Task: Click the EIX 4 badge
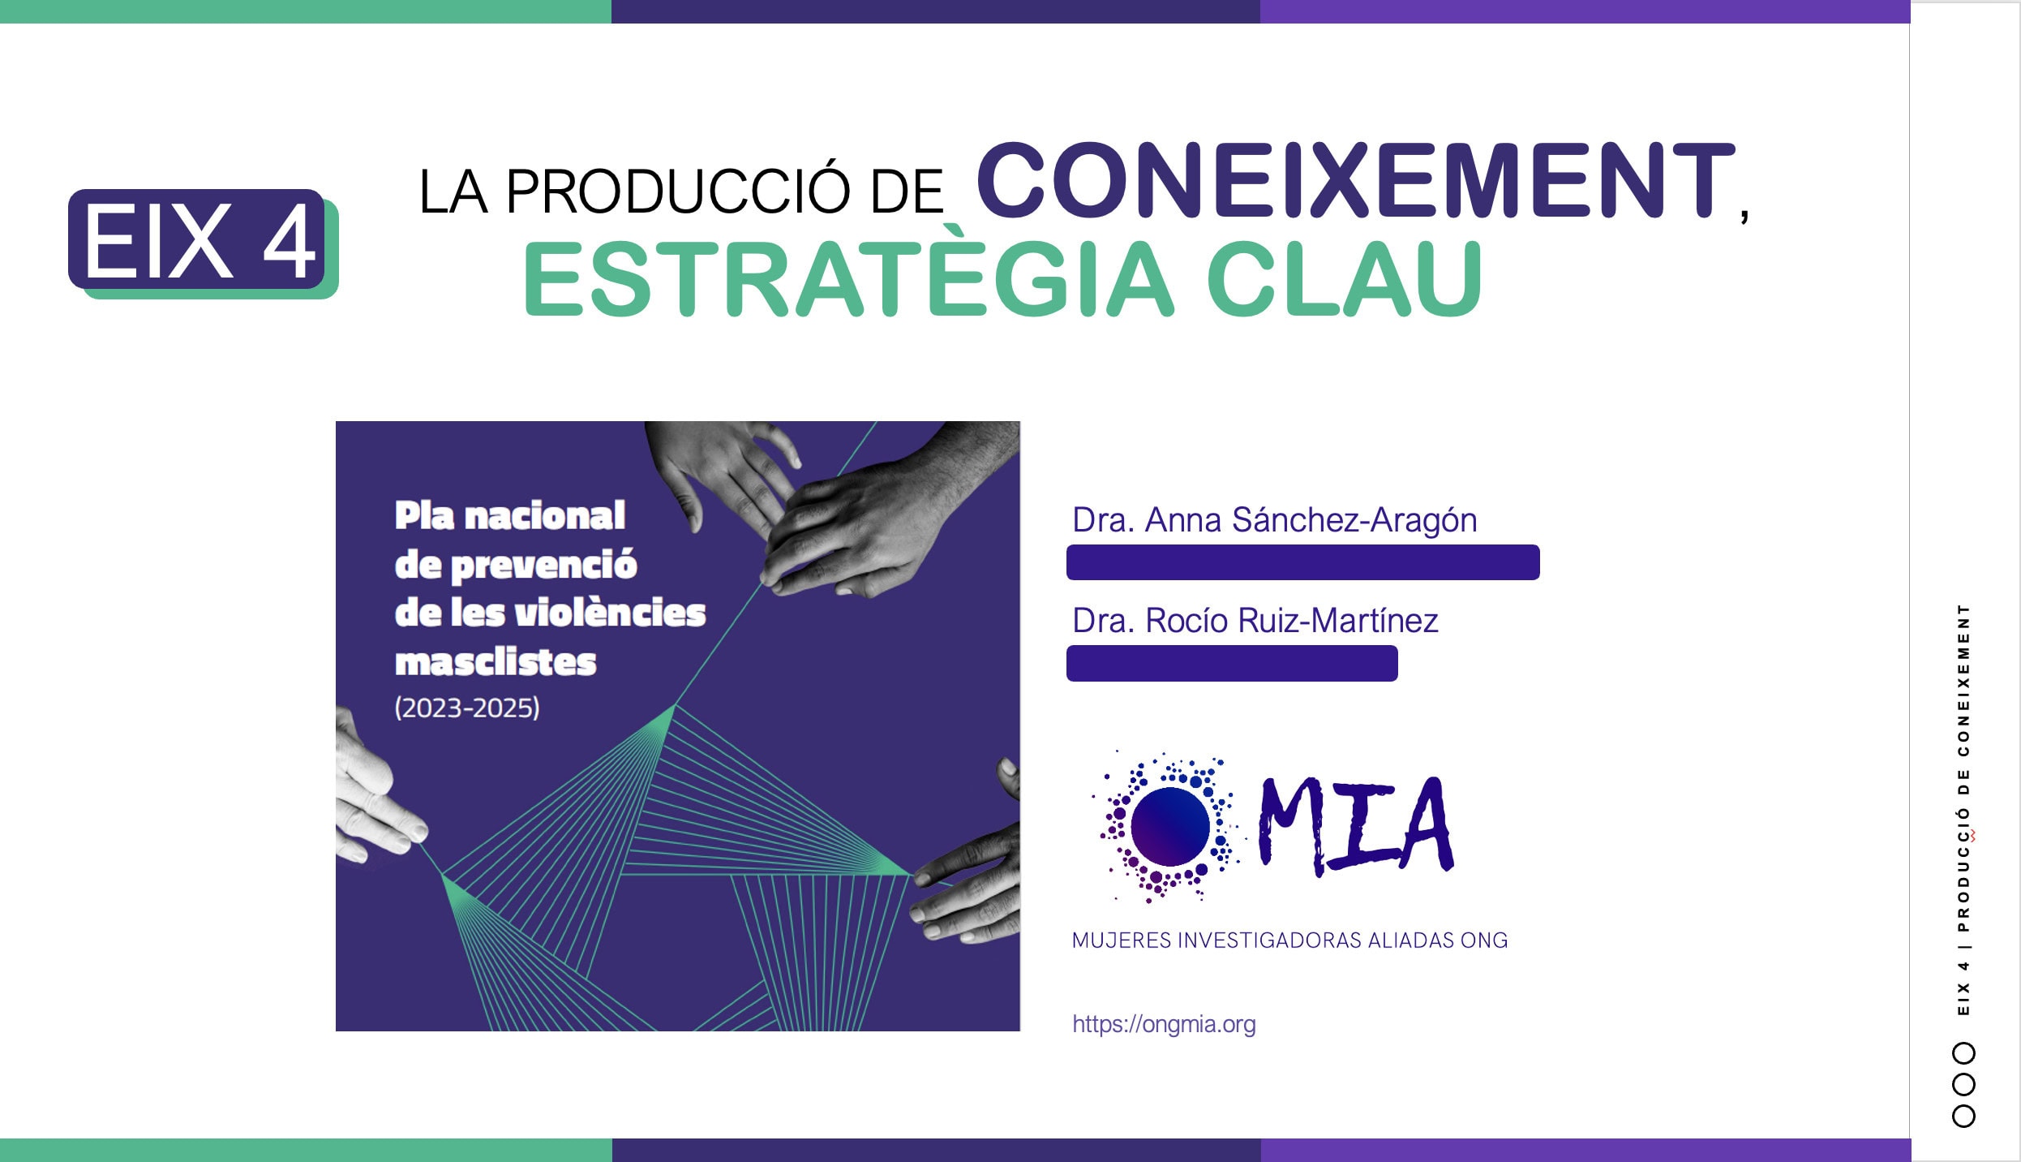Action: pos(203,243)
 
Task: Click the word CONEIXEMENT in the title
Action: pos(1356,180)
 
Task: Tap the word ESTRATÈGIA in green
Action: pos(848,278)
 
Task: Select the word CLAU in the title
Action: pos(1344,278)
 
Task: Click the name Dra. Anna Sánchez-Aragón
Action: pos(1274,520)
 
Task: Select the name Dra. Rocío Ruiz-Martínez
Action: pos(1255,621)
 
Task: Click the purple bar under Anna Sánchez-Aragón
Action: pos(1302,562)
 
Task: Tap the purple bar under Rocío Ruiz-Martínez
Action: pos(1232,663)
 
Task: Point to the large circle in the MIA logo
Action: pos(1169,826)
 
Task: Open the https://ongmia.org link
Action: pos(1164,1025)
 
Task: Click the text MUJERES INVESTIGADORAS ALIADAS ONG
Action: pos(1289,940)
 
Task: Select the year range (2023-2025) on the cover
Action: pos(467,708)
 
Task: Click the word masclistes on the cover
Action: pos(496,662)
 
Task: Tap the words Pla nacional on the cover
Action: pos(510,516)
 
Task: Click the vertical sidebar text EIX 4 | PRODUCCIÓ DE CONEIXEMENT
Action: pos(1963,810)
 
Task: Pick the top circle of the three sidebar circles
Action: pos(1963,1053)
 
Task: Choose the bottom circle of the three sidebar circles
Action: pos(1963,1116)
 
